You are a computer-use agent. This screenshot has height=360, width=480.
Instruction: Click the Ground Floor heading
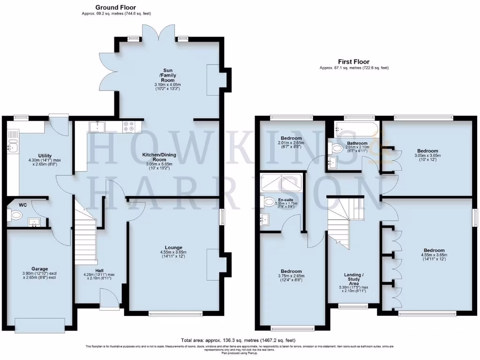(x=115, y=7)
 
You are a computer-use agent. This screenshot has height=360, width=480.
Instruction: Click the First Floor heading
(x=354, y=61)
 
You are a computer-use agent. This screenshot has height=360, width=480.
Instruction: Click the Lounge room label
(x=173, y=247)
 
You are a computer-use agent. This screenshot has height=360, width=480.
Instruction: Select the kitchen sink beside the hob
(x=97, y=126)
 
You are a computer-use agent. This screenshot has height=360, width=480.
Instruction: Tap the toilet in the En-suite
(x=269, y=202)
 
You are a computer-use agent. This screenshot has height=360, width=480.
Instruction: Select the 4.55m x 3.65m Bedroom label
(x=434, y=250)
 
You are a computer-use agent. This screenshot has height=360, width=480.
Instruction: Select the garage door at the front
(x=39, y=324)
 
